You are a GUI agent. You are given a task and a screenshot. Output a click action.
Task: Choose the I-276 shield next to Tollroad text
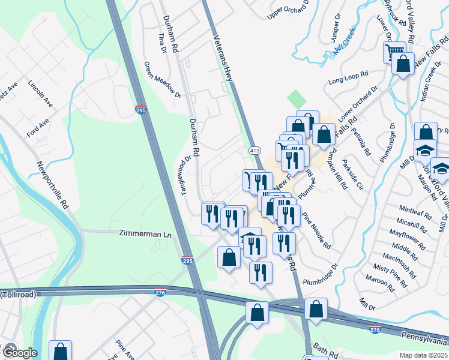pos(159,292)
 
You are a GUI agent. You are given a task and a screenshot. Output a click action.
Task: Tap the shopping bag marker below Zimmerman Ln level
pos(229,257)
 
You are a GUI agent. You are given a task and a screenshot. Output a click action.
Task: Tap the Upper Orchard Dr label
pos(289,8)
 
